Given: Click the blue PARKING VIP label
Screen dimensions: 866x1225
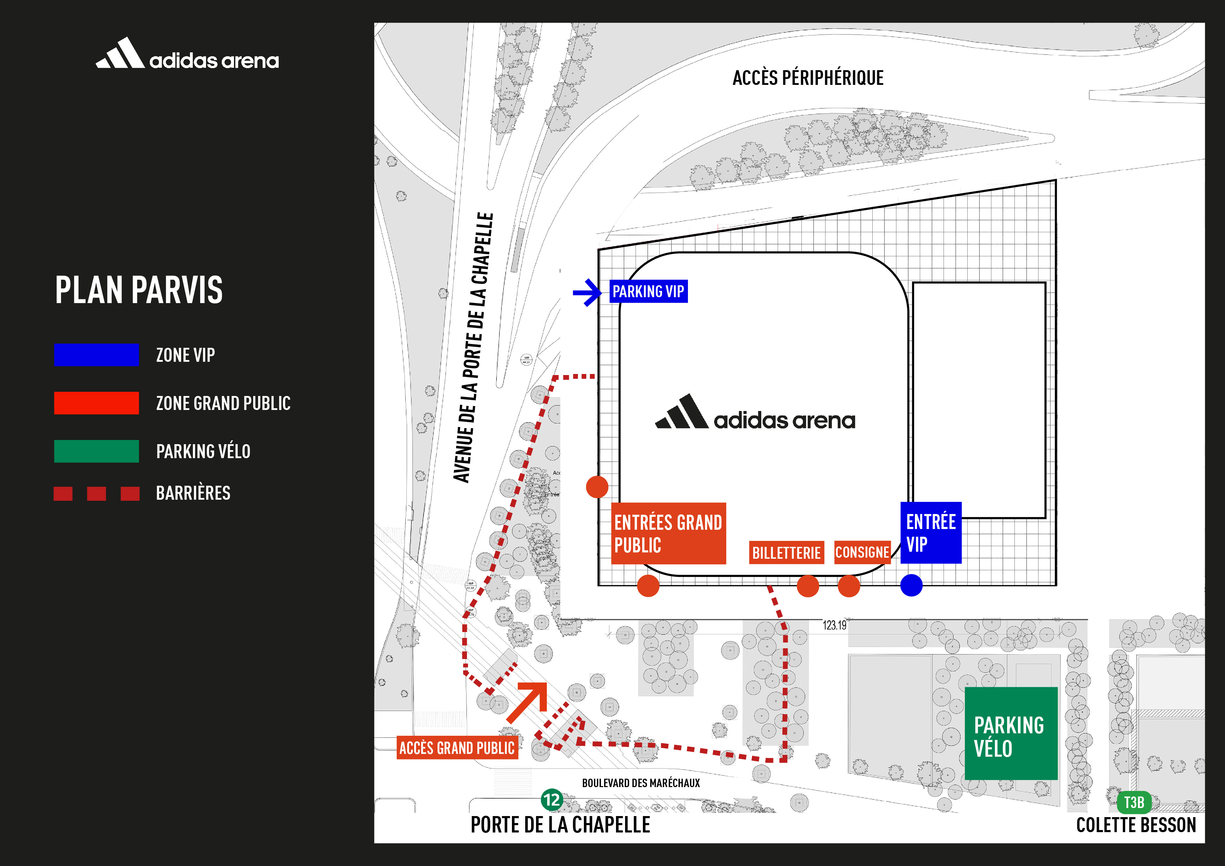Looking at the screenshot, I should (648, 291).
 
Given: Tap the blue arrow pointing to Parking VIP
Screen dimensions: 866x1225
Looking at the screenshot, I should (587, 292).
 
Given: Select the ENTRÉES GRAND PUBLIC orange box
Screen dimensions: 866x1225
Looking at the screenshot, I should (668, 533).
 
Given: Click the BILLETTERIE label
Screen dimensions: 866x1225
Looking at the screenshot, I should (786, 553).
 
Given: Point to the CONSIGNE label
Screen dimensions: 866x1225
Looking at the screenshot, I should (862, 552).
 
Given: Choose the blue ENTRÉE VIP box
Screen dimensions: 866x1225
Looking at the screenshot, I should (931, 533).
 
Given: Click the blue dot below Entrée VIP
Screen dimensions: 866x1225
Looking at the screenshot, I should (911, 585).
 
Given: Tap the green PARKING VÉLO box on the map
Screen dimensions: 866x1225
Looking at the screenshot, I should (1011, 734).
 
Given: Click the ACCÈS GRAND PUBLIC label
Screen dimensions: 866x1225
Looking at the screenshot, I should (457, 748).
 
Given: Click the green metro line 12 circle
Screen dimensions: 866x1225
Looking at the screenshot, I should (552, 800).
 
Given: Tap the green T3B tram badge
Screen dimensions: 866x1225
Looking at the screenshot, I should (1134, 802).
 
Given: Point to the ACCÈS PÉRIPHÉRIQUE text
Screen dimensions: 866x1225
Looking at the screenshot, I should (808, 78).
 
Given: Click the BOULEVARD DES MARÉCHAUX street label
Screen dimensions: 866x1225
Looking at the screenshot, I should (641, 783).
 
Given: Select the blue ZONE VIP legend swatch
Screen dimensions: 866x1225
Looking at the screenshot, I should (97, 355).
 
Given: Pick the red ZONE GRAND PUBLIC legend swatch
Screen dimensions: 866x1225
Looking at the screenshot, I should (97, 403).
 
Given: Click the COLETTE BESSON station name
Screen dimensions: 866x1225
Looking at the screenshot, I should (1136, 825).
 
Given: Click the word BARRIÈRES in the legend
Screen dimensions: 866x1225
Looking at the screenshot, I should (193, 493).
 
